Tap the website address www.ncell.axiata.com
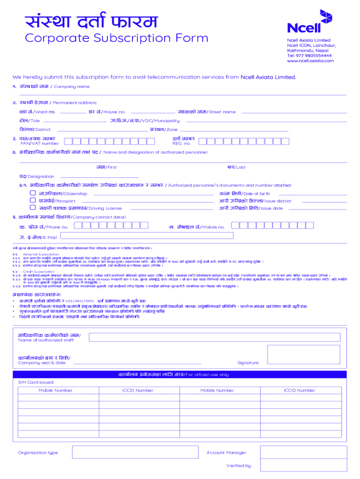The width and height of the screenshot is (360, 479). point(310,61)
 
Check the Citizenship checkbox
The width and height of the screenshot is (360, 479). point(33,193)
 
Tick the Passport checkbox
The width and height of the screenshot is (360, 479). point(33,200)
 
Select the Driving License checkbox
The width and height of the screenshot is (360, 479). point(33,207)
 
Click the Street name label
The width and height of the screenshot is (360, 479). point(222,112)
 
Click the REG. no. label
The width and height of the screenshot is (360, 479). point(181,144)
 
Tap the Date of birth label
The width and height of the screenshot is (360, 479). point(256,194)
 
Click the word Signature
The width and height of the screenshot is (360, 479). point(248,363)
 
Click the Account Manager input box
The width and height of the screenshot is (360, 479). point(302,452)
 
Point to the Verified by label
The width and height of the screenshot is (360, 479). point(238,465)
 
